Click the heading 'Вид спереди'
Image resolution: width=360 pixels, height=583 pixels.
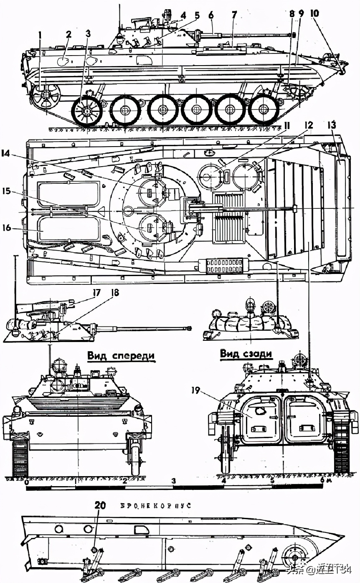121,356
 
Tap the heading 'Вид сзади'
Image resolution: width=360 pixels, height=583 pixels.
246,354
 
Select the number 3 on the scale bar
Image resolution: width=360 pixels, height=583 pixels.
174,481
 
